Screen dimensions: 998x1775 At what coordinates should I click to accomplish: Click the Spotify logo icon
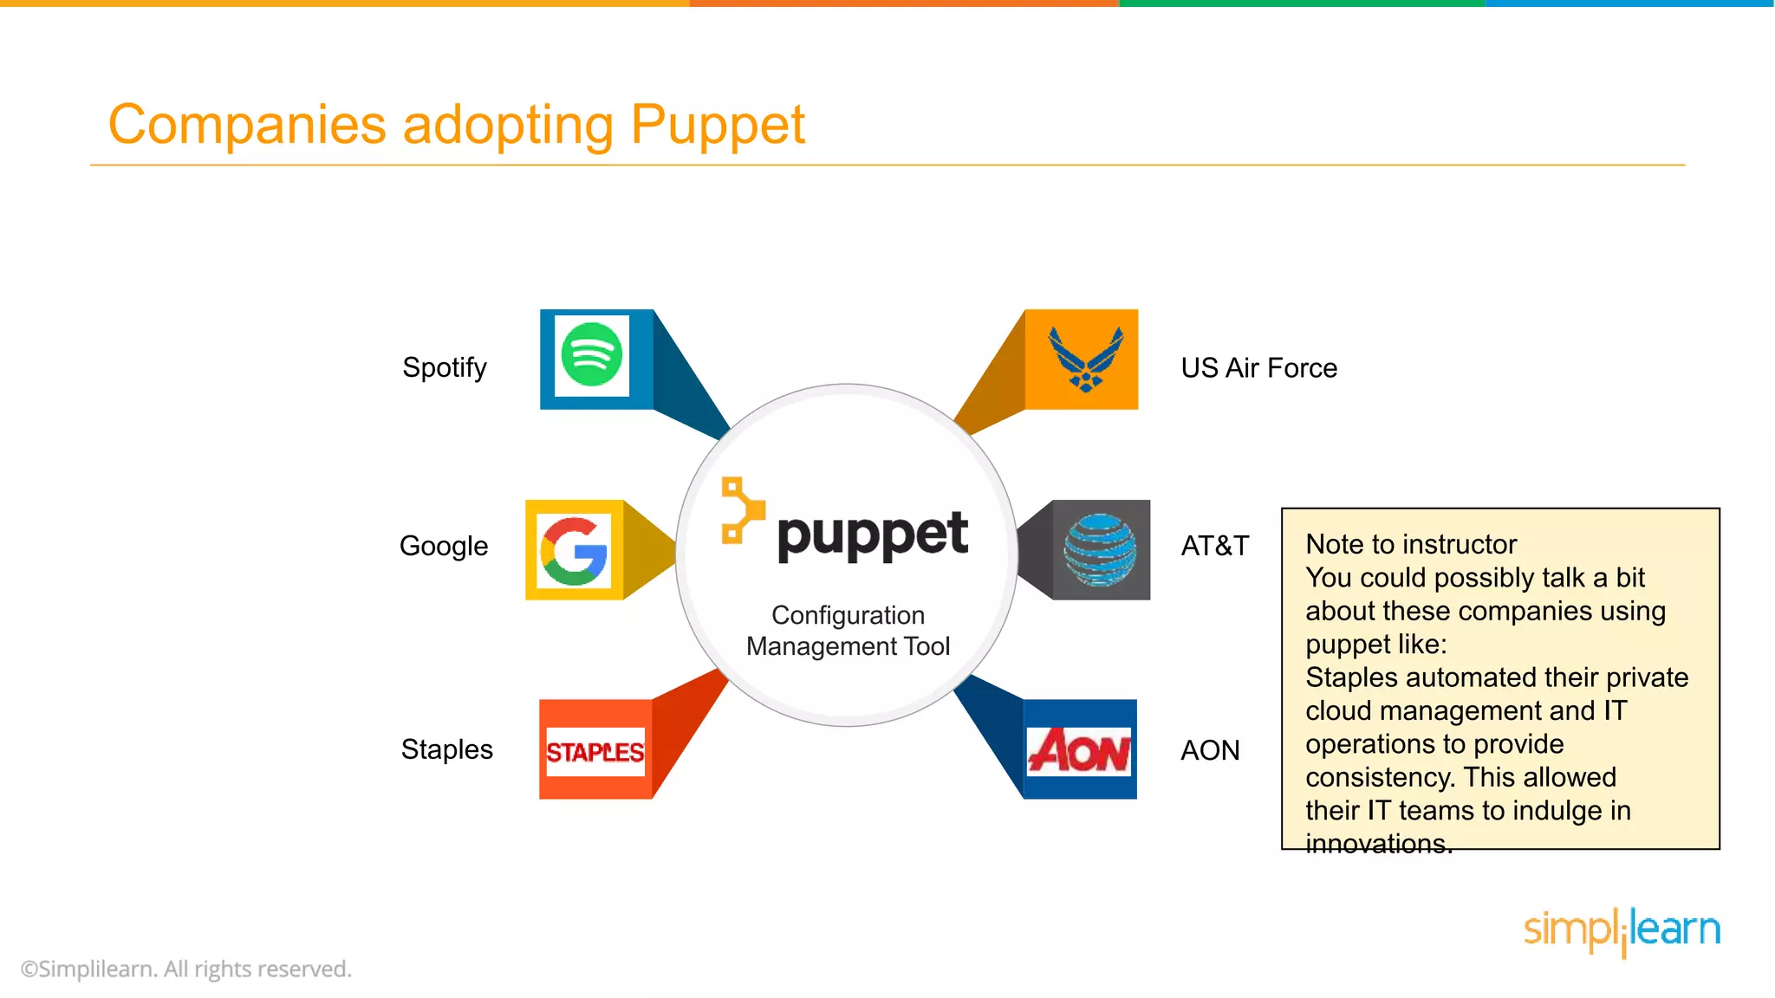click(x=592, y=355)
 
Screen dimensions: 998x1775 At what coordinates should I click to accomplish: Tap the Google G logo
click(x=573, y=551)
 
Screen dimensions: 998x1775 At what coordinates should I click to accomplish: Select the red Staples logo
click(x=595, y=751)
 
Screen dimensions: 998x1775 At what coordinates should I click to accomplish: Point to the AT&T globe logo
click(x=1100, y=550)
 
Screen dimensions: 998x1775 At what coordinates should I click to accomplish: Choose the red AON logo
click(x=1079, y=750)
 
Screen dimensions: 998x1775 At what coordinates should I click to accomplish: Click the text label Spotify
click(x=445, y=367)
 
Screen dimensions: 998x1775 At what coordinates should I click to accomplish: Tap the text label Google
click(x=444, y=546)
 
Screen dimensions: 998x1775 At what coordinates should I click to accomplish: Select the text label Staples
click(x=446, y=749)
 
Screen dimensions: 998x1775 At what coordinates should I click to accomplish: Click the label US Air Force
click(x=1258, y=368)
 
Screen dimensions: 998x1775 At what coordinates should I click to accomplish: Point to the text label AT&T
click(x=1215, y=546)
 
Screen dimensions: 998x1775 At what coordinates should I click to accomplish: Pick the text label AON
click(x=1210, y=750)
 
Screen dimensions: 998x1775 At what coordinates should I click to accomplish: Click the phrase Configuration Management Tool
click(x=848, y=631)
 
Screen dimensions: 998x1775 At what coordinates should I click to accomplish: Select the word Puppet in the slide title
click(x=718, y=125)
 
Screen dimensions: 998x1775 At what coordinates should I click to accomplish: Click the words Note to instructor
click(x=1411, y=544)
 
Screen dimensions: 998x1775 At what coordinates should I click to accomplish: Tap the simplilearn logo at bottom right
click(x=1622, y=930)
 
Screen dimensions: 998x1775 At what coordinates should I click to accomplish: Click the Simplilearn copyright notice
click(x=186, y=969)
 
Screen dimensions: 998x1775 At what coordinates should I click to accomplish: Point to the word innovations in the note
click(x=1378, y=843)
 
